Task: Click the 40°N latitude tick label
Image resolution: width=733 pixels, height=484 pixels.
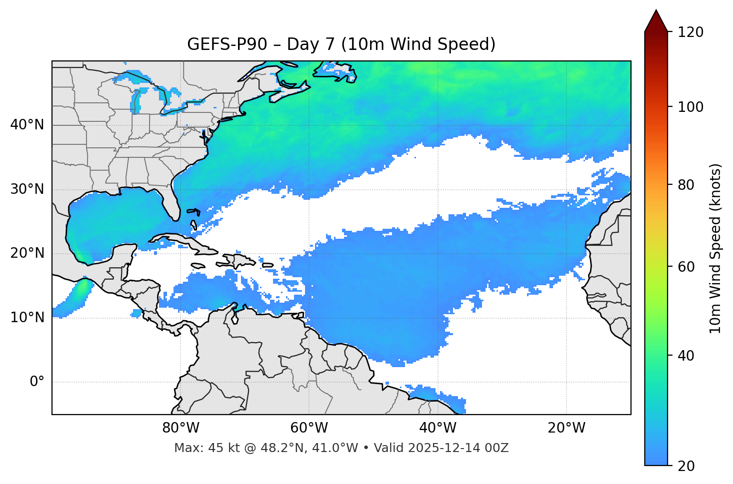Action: pyautogui.click(x=27, y=125)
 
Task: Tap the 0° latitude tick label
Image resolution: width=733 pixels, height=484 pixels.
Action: pyautogui.click(x=36, y=382)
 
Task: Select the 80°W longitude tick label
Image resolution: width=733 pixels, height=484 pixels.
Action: pyautogui.click(x=180, y=428)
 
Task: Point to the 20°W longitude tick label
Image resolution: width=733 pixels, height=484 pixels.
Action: pyautogui.click(x=566, y=428)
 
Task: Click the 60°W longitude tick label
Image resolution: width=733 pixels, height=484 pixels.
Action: pyautogui.click(x=309, y=428)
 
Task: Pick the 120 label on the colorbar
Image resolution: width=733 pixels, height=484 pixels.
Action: pyautogui.click(x=690, y=32)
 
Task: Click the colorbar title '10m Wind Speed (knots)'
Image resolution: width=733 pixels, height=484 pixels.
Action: pyautogui.click(x=715, y=248)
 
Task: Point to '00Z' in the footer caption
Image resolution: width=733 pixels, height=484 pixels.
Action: pyautogui.click(x=496, y=448)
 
